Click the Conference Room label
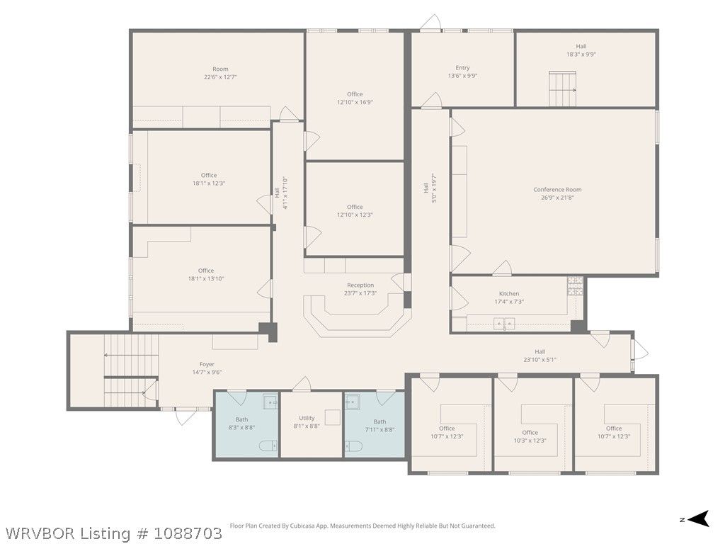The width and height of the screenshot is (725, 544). pos(557,189)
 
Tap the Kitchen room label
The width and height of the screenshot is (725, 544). pos(508,294)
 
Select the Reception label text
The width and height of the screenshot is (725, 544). pos(360,285)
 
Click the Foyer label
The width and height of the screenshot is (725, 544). pos(207,364)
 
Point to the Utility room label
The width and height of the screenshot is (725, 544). pos(307,418)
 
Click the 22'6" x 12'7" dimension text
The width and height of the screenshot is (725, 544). pos(220,76)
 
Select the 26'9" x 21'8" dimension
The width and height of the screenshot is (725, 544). pos(557,198)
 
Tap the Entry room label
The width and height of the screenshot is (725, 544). pos(462,67)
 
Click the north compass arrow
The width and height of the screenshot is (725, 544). pos(698,518)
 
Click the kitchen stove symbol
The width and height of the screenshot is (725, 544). pos(575,286)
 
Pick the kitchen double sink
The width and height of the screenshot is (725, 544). pos(503,323)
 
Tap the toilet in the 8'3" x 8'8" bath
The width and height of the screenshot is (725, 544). pos(268,446)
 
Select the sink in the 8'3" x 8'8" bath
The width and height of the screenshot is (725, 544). pos(270,402)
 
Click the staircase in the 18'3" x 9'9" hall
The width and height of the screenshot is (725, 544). pos(562,89)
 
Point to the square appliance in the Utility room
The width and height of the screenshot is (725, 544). pos(333,417)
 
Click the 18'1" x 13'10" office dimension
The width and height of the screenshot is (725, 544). pos(206,278)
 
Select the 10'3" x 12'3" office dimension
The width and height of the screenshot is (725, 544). pos(530,441)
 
